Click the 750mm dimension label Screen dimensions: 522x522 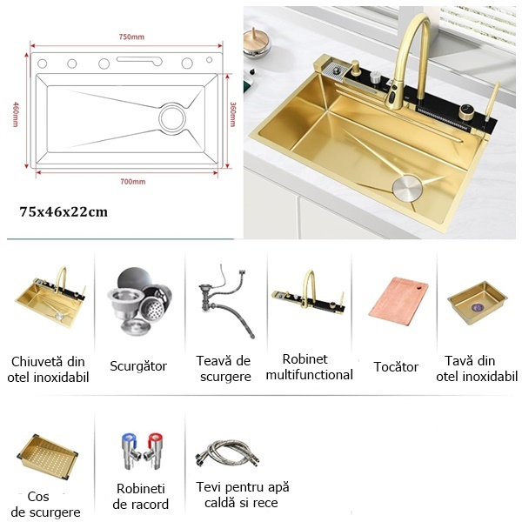(131, 37)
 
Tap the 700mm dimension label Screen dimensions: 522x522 (132, 182)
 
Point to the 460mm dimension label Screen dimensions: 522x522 (16, 114)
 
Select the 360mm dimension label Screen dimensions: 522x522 (232, 114)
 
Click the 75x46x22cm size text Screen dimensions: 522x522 (64, 211)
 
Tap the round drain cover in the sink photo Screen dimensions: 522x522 (407, 188)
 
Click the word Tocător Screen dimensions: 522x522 (396, 366)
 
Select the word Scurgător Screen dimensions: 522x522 (138, 366)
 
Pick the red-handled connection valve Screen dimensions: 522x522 (153, 451)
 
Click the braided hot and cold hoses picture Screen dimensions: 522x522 (227, 452)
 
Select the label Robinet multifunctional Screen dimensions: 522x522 (309, 367)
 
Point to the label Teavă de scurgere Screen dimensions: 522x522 (224, 369)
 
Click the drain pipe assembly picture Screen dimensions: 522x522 (226, 301)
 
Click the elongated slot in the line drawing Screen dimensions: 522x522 (139, 60)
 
